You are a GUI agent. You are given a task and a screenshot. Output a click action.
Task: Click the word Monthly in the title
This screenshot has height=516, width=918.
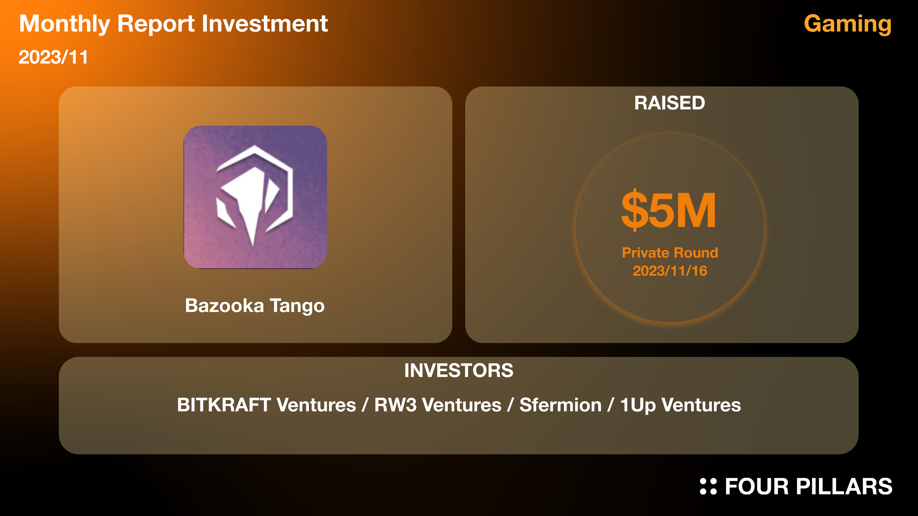pos(65,24)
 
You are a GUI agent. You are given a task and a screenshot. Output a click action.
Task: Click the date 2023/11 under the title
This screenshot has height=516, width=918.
pos(54,57)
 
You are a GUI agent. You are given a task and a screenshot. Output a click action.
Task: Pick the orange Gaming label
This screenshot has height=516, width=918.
pos(848,24)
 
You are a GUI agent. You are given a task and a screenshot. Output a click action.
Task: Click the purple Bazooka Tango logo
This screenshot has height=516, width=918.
pos(255,197)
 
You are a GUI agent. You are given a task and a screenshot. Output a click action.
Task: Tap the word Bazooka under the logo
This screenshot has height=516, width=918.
pos(224,306)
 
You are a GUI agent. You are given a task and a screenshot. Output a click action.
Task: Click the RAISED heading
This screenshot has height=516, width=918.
pos(670,103)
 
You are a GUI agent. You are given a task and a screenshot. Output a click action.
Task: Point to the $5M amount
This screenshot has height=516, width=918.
pos(669,210)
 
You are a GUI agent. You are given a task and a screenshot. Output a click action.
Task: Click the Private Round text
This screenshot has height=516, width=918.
pos(670,253)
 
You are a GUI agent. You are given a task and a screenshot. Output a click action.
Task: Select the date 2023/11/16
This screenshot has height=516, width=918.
pos(670,271)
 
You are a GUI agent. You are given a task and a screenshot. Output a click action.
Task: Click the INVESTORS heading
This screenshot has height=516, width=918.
pos(459,370)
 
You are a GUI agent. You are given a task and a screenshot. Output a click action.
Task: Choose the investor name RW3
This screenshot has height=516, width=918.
pos(395,405)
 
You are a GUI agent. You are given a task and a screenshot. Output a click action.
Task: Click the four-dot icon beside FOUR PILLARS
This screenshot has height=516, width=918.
pos(708,486)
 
